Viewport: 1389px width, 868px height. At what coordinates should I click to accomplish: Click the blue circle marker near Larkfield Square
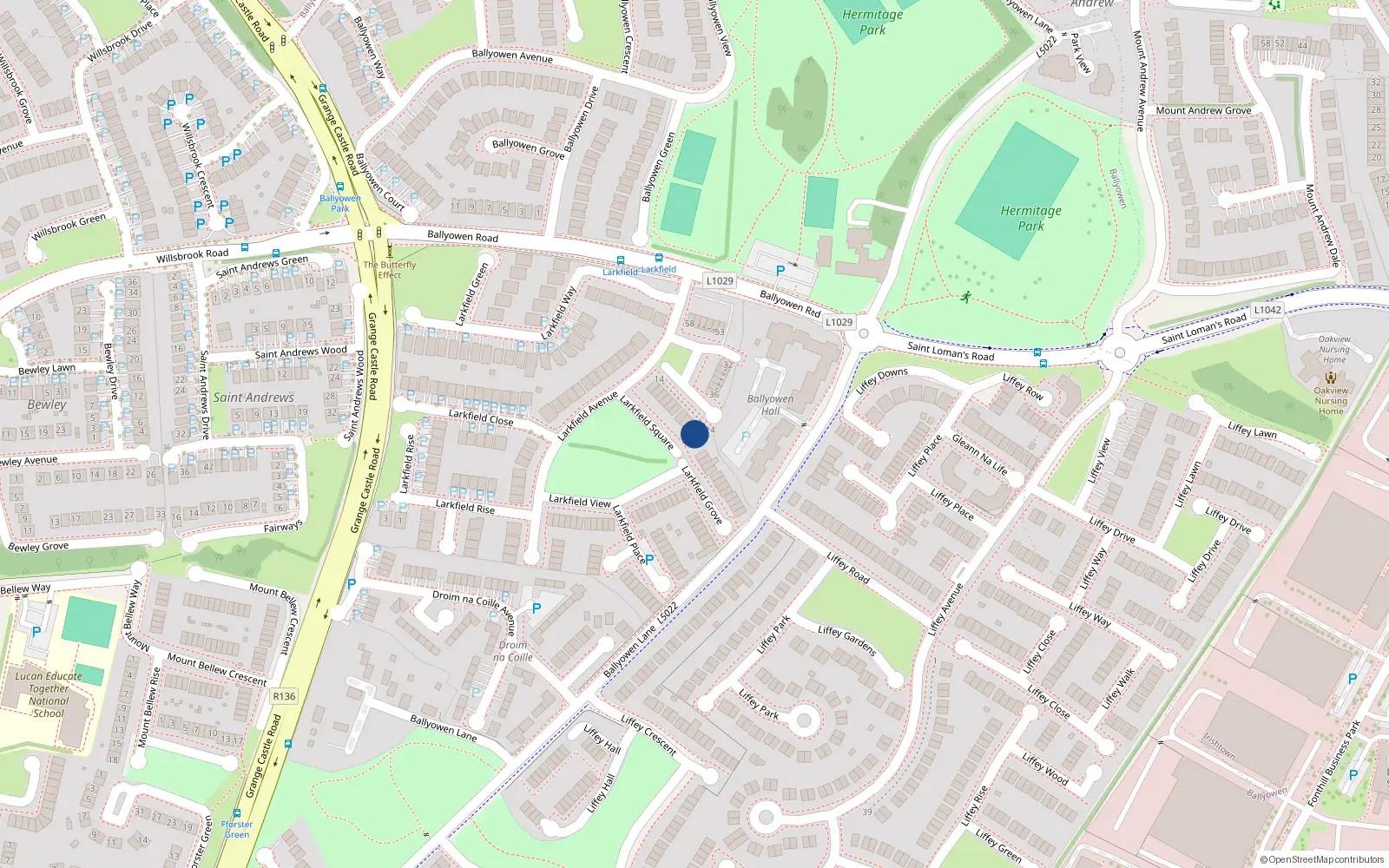point(694,434)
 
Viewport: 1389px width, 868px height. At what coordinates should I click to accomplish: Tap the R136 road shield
point(284,696)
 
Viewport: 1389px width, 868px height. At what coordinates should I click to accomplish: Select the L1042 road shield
point(1267,310)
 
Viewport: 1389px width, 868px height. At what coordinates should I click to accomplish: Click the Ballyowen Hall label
point(770,405)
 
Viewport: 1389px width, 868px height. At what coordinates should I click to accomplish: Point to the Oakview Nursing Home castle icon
point(1331,378)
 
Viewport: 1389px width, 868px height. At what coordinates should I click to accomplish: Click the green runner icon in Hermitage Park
point(965,298)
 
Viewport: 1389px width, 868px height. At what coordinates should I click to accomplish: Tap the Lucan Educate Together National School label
point(49,694)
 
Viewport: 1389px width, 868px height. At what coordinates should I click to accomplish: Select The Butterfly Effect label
point(390,270)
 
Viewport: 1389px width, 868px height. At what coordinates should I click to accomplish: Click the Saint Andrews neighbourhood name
point(253,398)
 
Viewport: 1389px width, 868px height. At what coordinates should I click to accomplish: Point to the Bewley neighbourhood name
point(47,404)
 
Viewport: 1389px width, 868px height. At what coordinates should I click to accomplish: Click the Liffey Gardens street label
point(847,641)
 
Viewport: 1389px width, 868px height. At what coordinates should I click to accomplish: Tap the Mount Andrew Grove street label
point(1203,111)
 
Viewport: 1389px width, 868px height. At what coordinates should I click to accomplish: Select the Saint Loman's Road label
point(951,352)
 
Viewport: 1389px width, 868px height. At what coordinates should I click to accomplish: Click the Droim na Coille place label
point(513,651)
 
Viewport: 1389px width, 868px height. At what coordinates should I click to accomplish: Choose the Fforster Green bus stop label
point(236,830)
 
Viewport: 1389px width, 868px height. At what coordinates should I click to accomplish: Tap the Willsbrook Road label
point(193,255)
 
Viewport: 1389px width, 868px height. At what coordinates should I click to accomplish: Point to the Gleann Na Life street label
point(980,454)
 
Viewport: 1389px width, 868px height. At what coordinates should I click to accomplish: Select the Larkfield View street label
point(579,501)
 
